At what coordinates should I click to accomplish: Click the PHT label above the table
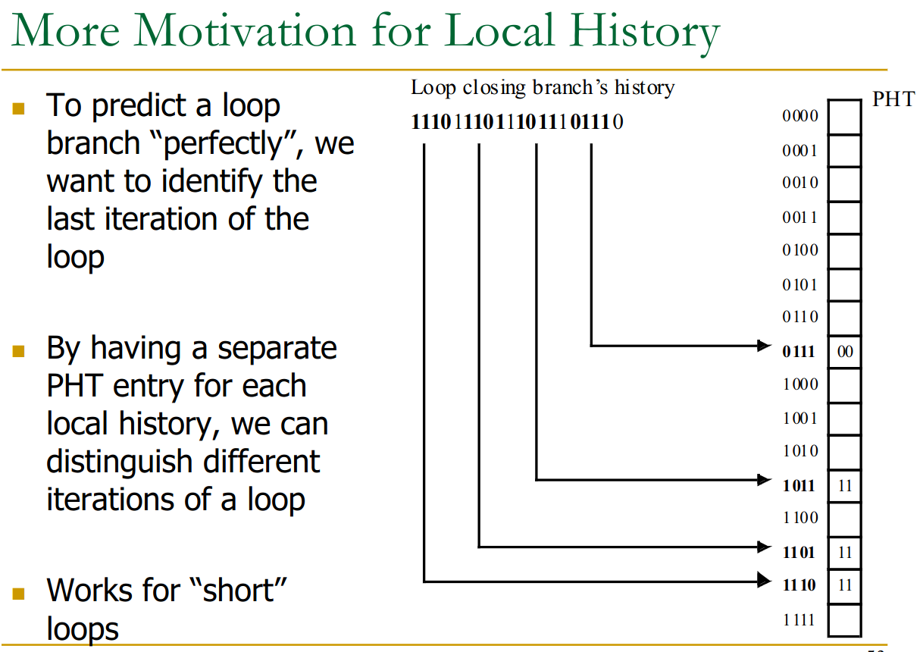pyautogui.click(x=893, y=99)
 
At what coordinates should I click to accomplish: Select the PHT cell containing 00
pyautogui.click(x=844, y=352)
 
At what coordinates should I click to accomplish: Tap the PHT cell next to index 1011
pyautogui.click(x=844, y=486)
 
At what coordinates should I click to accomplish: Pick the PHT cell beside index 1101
pyautogui.click(x=844, y=553)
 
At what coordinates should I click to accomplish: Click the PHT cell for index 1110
pyautogui.click(x=844, y=586)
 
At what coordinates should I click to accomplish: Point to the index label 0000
pyautogui.click(x=799, y=116)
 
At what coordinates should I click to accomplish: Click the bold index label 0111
pyautogui.click(x=799, y=352)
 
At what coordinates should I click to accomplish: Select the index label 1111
pyautogui.click(x=799, y=620)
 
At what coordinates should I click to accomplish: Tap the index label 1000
pyautogui.click(x=800, y=384)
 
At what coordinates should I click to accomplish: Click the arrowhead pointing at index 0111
pyautogui.click(x=764, y=346)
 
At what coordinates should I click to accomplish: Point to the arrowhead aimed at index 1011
pyautogui.click(x=764, y=480)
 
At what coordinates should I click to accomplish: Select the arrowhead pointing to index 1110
pyautogui.click(x=764, y=580)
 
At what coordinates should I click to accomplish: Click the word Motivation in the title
pyautogui.click(x=244, y=31)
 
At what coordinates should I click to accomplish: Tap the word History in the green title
pyautogui.click(x=645, y=33)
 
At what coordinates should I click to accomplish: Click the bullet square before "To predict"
pyautogui.click(x=18, y=109)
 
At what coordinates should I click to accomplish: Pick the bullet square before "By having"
pyautogui.click(x=18, y=351)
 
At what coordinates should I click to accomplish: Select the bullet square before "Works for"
pyautogui.click(x=18, y=594)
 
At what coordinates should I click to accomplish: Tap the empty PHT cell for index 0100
pyautogui.click(x=844, y=252)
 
